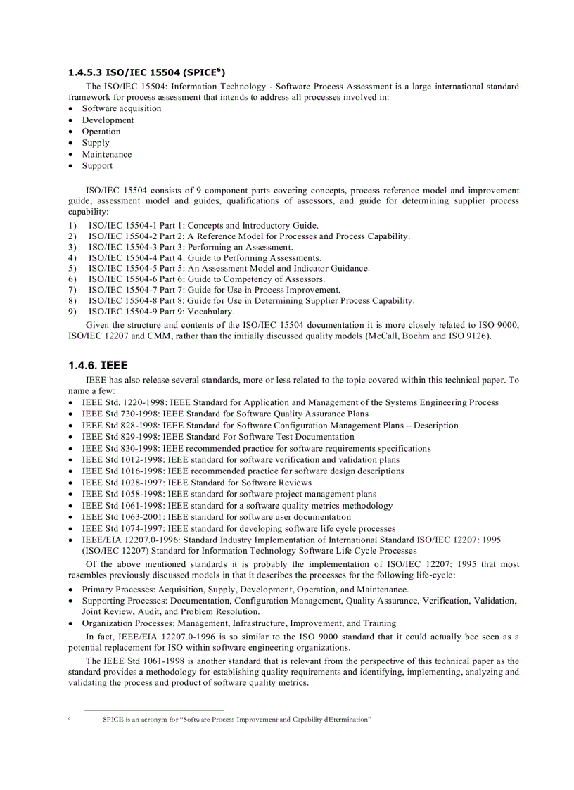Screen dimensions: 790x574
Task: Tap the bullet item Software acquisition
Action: point(121,108)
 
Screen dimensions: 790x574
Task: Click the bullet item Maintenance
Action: point(106,154)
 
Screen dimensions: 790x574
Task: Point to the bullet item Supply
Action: point(96,143)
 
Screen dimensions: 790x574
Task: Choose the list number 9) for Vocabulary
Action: point(72,312)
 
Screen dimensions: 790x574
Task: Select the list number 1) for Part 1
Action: point(72,225)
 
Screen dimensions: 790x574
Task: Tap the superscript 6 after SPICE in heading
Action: point(219,69)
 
